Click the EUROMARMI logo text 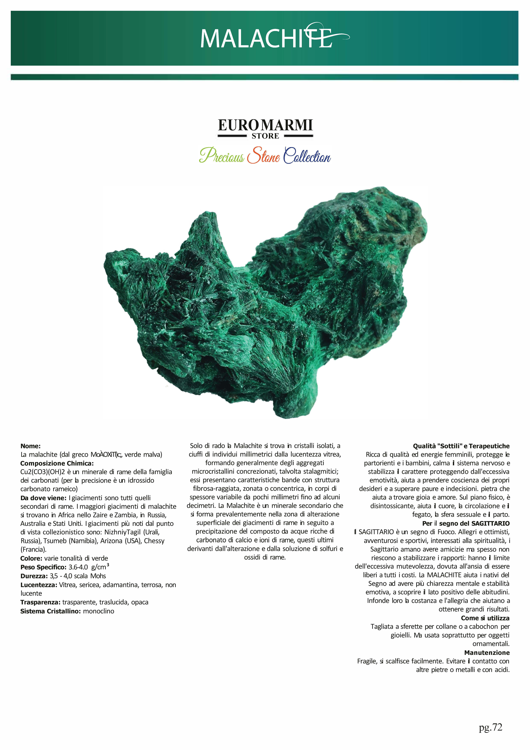(x=265, y=125)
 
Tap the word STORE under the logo (x=265, y=136)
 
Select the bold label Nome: (x=30, y=446)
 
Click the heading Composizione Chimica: (x=57, y=463)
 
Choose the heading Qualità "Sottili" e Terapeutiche (x=461, y=446)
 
